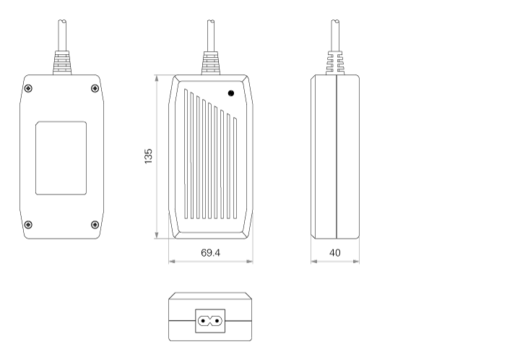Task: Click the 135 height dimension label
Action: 148,156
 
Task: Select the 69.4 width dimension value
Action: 211,253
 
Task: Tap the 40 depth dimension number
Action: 335,253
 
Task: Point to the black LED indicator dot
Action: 231,93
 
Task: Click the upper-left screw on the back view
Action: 28,88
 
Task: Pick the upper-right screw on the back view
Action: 95,88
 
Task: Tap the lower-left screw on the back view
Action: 28,225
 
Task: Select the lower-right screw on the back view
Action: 95,225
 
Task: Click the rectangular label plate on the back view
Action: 61,158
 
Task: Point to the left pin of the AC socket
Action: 203,321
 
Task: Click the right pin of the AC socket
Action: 217,321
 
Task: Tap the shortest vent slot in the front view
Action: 235,168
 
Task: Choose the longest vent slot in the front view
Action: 186,154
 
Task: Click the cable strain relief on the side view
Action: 335,63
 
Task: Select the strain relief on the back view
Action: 62,63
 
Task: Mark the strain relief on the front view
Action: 211,63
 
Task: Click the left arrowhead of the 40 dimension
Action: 313,262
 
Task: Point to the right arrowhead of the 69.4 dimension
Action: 250,262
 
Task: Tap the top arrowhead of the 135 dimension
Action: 157,78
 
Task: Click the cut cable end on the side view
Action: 335,22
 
